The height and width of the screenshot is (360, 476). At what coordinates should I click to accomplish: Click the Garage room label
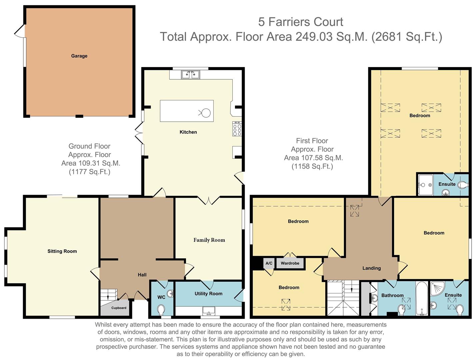click(79, 56)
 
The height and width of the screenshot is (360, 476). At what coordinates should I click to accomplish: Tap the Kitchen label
click(188, 132)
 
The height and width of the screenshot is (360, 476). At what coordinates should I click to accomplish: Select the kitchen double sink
click(190, 74)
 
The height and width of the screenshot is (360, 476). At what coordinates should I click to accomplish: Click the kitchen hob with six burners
click(237, 129)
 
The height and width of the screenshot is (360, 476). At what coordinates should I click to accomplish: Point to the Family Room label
click(209, 240)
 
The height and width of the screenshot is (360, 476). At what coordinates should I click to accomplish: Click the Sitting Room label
click(62, 251)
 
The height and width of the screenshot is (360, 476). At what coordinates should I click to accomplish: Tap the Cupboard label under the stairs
click(119, 308)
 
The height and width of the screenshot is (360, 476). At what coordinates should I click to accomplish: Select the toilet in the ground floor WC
click(161, 310)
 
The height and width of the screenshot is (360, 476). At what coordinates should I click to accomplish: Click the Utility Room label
click(208, 294)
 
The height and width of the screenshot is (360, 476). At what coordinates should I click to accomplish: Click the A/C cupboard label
click(269, 263)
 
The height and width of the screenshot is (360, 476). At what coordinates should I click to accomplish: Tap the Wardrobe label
click(290, 263)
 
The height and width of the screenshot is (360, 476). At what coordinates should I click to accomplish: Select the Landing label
click(371, 268)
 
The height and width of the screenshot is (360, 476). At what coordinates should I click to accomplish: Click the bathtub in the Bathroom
click(422, 299)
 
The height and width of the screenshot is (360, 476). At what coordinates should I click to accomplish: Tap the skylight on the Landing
click(355, 211)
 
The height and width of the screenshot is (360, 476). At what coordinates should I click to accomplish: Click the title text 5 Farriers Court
click(300, 22)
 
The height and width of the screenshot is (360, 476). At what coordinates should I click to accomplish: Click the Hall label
click(142, 275)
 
